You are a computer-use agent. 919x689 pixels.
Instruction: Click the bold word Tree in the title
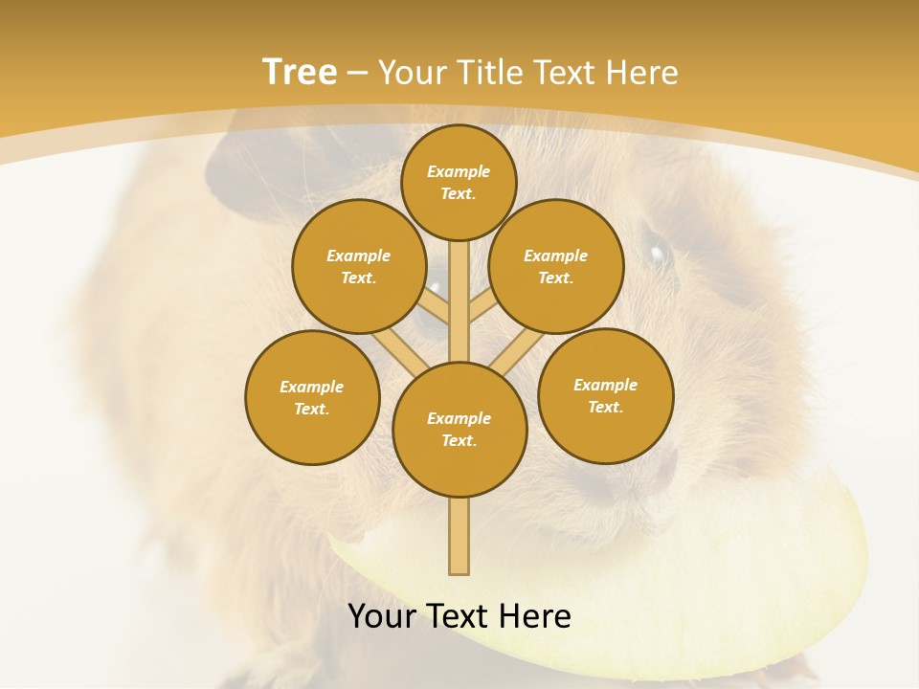[299, 72]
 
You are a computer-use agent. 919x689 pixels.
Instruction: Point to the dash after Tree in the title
[357, 74]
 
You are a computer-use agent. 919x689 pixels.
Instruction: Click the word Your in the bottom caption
[383, 616]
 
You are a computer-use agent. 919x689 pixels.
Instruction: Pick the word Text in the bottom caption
[456, 616]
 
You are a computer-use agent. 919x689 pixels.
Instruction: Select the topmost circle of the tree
[459, 182]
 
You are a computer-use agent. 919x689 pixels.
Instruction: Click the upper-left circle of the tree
[359, 266]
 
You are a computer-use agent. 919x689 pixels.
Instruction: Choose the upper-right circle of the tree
[556, 266]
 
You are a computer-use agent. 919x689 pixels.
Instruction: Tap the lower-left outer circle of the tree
[312, 397]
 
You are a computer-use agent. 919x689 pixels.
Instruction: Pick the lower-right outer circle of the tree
[605, 395]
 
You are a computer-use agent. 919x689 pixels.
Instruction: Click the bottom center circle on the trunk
[459, 430]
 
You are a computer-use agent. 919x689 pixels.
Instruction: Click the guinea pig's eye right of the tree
[658, 254]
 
